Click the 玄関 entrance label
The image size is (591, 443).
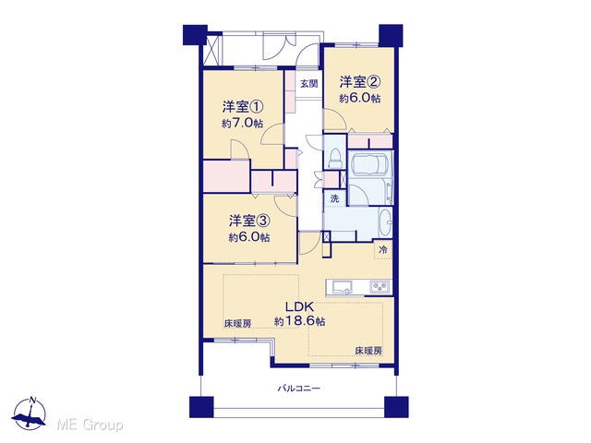pyautogui.click(x=309, y=84)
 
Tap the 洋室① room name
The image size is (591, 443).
pyautogui.click(x=242, y=107)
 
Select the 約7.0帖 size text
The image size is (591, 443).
pyautogui.click(x=242, y=123)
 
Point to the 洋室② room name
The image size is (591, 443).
pyautogui.click(x=359, y=82)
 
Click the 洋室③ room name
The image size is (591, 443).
pyautogui.click(x=249, y=221)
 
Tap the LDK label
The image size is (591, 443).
pyautogui.click(x=299, y=305)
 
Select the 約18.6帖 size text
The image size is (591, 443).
pyautogui.click(x=299, y=321)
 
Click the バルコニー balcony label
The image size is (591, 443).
pyautogui.click(x=299, y=388)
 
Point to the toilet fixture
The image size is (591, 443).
pyautogui.click(x=334, y=158)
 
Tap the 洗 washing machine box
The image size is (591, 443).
pyautogui.click(x=334, y=198)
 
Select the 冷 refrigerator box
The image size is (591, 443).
pyautogui.click(x=383, y=249)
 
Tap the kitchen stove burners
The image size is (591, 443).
pyautogui.click(x=380, y=287)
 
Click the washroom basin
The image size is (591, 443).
pyautogui.click(x=385, y=223)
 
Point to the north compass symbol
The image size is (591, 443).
pyautogui.click(x=29, y=413)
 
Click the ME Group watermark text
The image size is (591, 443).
pyautogui.click(x=90, y=425)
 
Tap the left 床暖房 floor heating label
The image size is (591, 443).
pyautogui.click(x=238, y=324)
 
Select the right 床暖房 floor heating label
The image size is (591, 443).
pyautogui.click(x=368, y=351)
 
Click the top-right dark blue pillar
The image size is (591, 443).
pyautogui.click(x=391, y=35)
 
